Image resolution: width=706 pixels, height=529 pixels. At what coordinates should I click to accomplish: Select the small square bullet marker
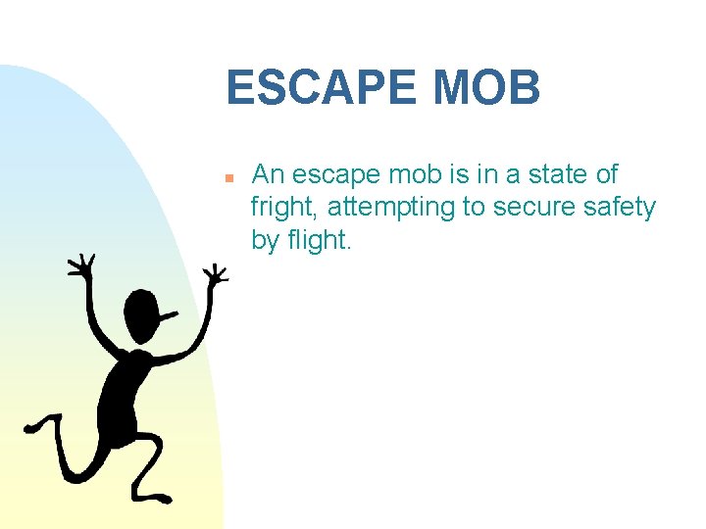pos(227,179)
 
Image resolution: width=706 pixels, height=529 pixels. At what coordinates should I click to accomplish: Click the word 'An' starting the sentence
pos(268,175)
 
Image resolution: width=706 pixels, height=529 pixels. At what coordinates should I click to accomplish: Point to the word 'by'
pos(265,240)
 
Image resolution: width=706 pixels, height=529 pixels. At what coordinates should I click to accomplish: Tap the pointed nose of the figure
pos(173,314)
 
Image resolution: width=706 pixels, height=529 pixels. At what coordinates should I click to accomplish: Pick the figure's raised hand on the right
pos(214,273)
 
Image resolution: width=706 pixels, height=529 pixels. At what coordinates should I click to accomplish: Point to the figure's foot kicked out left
pos(37,427)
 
